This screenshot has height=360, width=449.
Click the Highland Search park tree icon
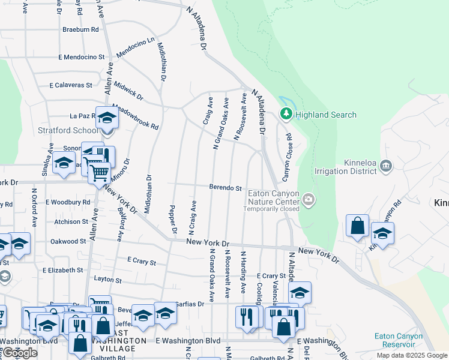point(286,113)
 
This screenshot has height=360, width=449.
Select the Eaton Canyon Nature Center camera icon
point(309,199)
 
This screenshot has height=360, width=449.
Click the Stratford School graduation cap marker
point(107,118)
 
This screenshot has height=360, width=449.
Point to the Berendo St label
point(225,188)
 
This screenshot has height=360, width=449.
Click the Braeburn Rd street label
point(80,29)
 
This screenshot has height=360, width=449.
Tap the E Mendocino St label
point(81,57)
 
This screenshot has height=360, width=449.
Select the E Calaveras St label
point(71,85)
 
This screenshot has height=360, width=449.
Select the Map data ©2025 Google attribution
point(411,355)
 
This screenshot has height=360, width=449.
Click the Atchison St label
point(71,221)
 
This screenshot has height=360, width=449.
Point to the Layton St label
point(107,280)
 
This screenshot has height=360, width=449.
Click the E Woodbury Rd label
point(67,202)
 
